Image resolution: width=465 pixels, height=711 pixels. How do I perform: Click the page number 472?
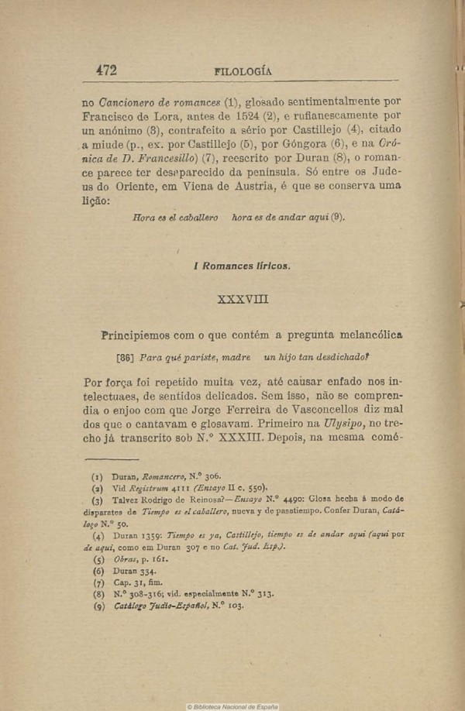(106, 70)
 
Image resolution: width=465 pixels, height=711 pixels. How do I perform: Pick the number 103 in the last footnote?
(232, 606)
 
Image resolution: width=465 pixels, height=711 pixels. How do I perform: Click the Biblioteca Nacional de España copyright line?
(232, 706)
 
